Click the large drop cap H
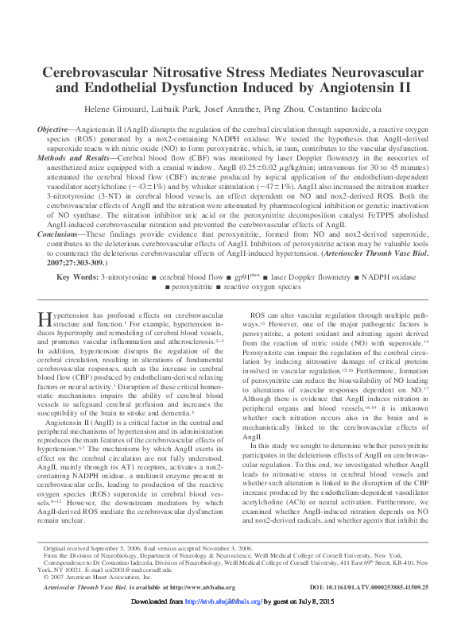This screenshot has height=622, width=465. pos(45,320)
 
